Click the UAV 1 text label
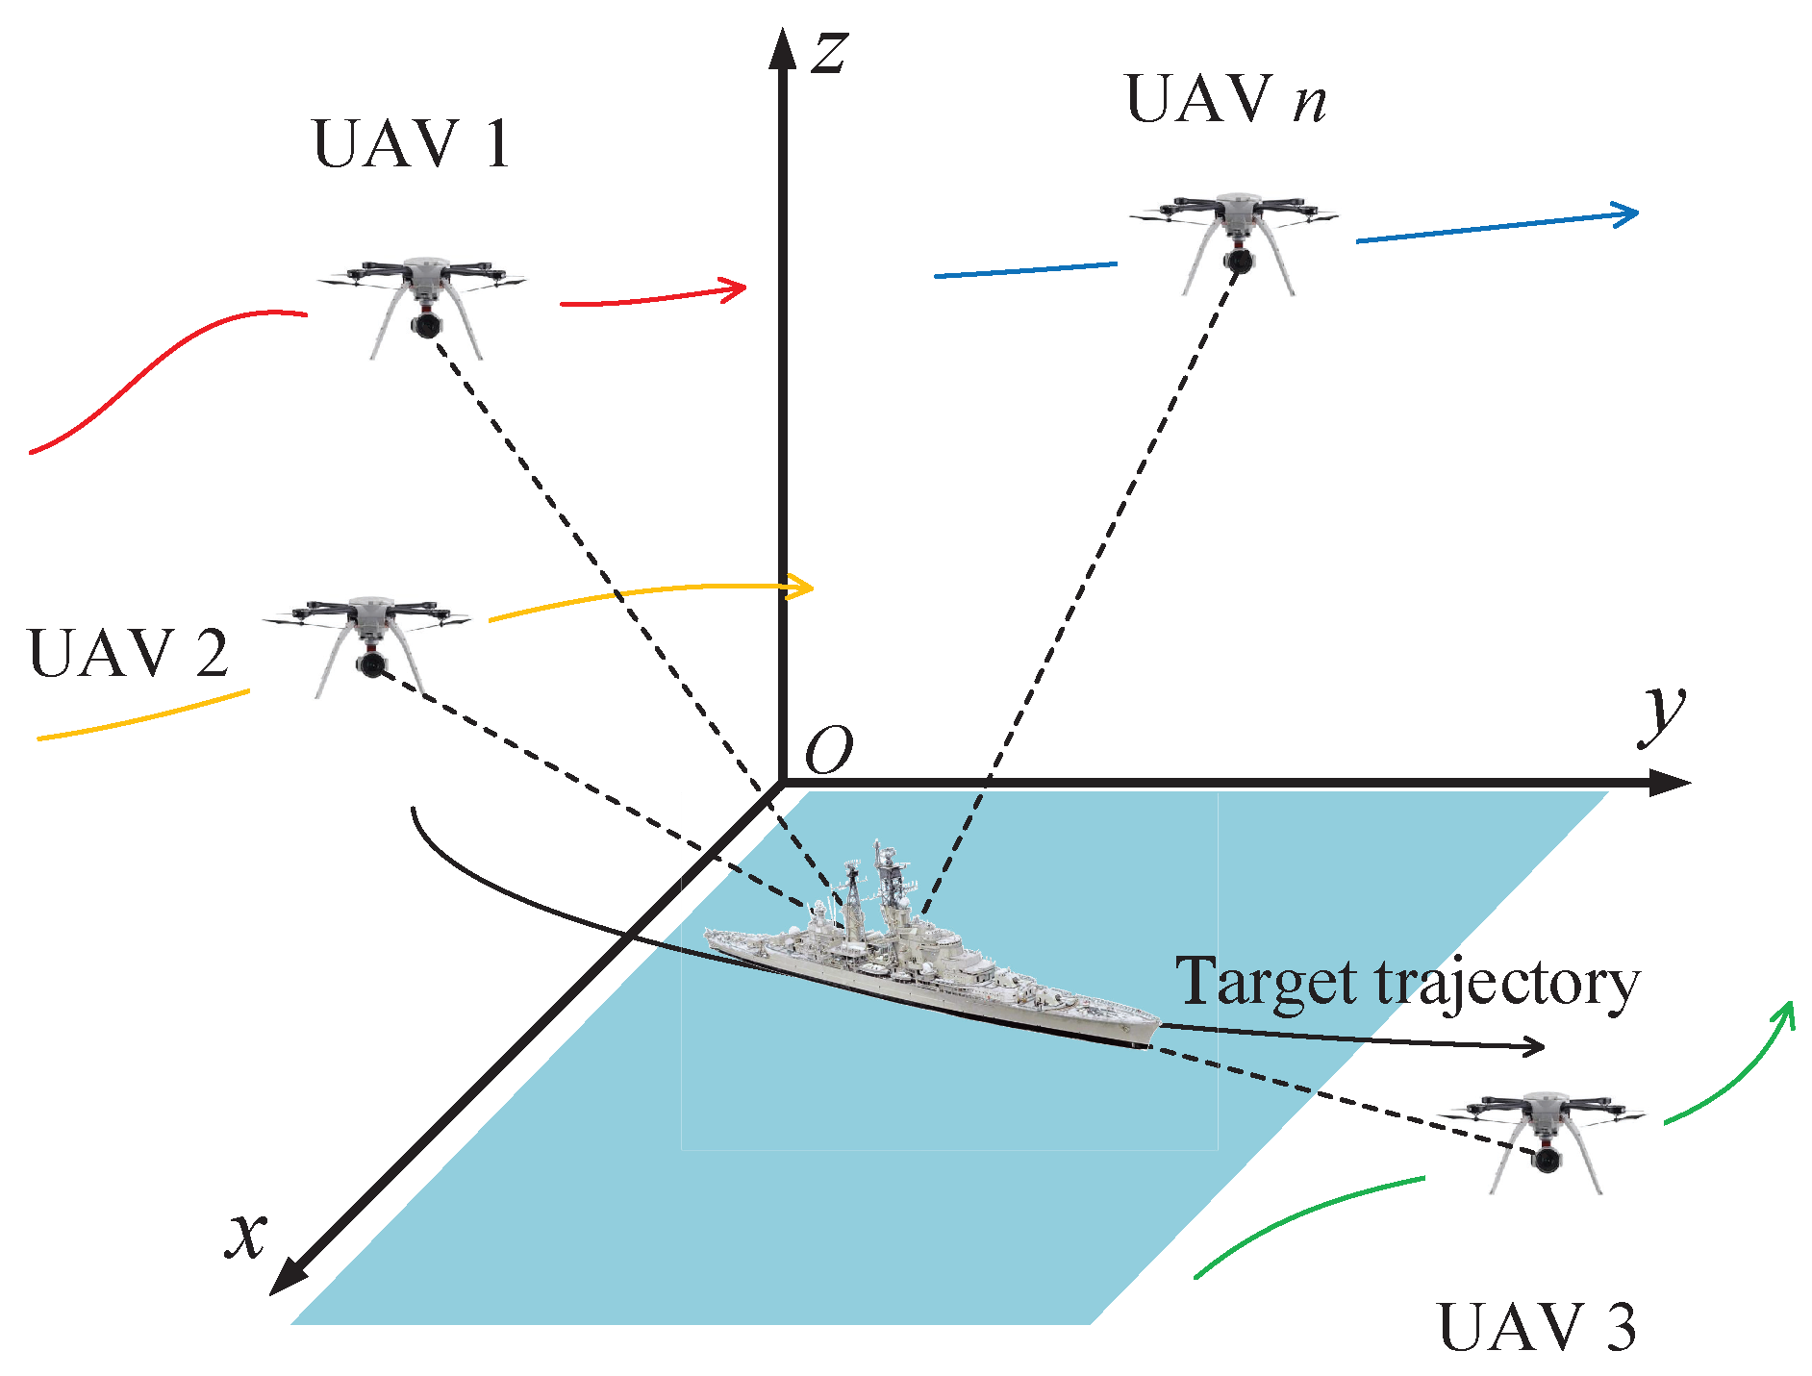click(x=411, y=145)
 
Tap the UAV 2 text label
click(x=129, y=654)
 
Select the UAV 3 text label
click(x=1536, y=1328)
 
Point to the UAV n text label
click(x=1225, y=99)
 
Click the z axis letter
click(x=829, y=54)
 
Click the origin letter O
click(x=828, y=750)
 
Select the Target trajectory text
click(x=1407, y=983)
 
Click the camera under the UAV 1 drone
click(x=424, y=324)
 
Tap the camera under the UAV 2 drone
click(x=369, y=663)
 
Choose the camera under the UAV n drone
click(x=1238, y=260)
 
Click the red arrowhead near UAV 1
click(x=736, y=287)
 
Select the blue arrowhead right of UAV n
click(x=1626, y=214)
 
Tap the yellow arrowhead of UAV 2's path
click(x=801, y=587)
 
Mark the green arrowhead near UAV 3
click(x=1787, y=1013)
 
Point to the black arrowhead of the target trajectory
click(x=1533, y=1046)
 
